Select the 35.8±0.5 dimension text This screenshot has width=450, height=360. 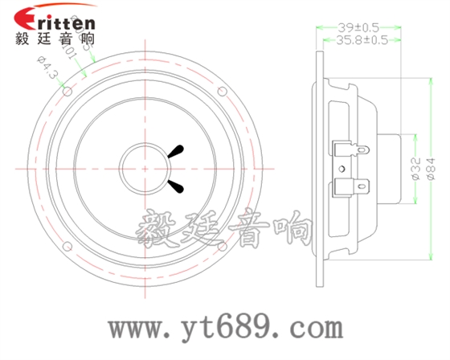coord(362,38)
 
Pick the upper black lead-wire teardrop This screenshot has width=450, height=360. coord(177,150)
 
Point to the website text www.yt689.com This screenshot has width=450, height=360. coord(227,327)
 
